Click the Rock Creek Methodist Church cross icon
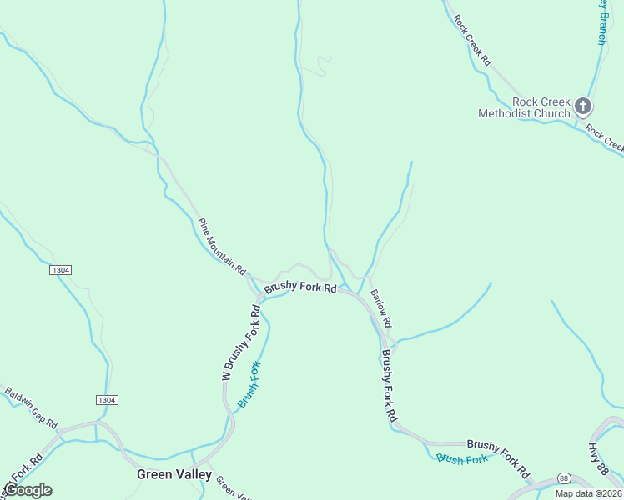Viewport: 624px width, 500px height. [582, 106]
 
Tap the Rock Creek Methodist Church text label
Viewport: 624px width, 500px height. [524, 107]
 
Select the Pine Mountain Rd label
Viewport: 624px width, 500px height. [222, 247]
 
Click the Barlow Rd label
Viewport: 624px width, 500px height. [380, 307]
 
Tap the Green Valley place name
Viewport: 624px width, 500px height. [174, 474]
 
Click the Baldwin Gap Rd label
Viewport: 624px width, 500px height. [31, 407]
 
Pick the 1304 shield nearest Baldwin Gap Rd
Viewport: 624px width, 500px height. [106, 400]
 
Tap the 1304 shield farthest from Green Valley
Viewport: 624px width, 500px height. [60, 270]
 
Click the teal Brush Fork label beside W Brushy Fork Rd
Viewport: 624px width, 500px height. [249, 384]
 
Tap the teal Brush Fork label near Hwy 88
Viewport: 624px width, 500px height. [461, 459]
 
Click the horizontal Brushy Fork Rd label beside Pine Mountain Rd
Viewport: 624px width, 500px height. [300, 288]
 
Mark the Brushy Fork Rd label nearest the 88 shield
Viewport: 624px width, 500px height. [498, 459]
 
